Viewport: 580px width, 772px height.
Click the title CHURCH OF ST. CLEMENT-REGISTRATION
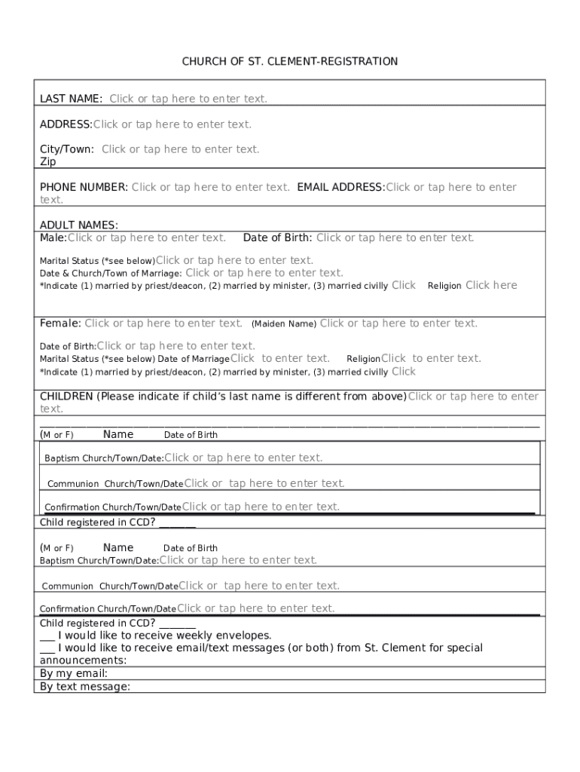[290, 61]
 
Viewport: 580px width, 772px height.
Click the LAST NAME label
[71, 99]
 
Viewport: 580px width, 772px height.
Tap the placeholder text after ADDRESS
[172, 124]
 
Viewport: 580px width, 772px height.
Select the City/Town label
[66, 149]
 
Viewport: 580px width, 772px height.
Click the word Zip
[47, 161]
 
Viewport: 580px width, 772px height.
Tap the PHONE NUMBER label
[84, 187]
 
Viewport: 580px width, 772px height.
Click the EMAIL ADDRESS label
[340, 187]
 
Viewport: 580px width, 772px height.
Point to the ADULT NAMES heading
[78, 225]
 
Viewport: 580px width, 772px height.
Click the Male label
[53, 237]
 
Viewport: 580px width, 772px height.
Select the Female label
[60, 323]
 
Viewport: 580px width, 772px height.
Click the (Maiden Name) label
[283, 324]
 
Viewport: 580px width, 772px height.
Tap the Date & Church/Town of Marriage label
[110, 274]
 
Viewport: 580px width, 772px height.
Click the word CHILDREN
[66, 397]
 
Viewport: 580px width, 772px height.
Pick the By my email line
[73, 673]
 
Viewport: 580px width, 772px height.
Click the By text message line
[84, 686]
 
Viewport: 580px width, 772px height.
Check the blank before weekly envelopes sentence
[47, 636]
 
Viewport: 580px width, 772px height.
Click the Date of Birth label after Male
[277, 237]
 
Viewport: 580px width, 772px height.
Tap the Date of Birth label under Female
[67, 347]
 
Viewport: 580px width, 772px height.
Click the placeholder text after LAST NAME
[188, 99]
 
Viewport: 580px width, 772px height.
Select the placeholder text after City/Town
[181, 149]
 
